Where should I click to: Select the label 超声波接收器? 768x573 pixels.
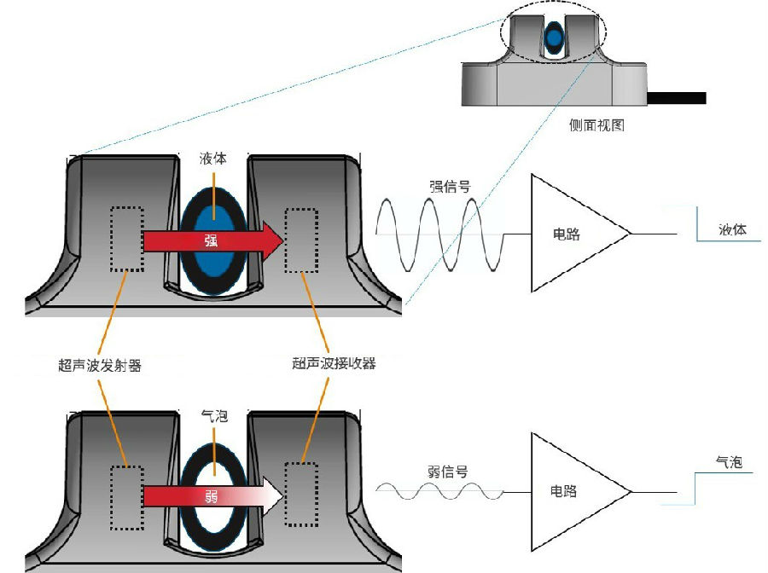point(334,364)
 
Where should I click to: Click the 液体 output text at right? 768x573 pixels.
point(733,230)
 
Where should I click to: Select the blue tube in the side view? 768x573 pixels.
point(554,38)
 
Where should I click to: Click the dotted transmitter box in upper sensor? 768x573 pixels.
point(126,240)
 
